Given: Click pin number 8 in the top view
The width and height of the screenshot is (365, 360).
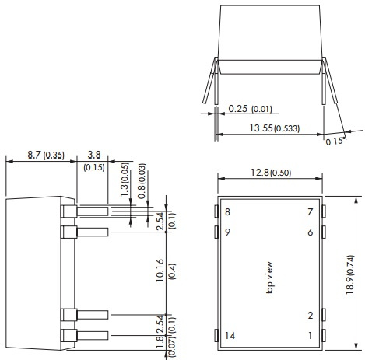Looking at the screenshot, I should click(x=228, y=212).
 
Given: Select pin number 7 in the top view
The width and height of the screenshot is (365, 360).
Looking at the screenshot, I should click(x=309, y=212).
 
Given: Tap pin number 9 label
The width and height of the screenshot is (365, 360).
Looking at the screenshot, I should click(x=228, y=232).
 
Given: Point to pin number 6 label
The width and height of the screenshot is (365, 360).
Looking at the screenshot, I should click(x=309, y=232).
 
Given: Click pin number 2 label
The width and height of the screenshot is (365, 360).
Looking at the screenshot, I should click(x=310, y=315).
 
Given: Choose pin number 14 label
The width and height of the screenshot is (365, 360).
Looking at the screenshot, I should click(x=230, y=335).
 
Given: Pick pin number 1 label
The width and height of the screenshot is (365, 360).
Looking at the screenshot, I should click(x=310, y=335).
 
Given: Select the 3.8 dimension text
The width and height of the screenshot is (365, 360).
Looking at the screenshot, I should click(x=93, y=155).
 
